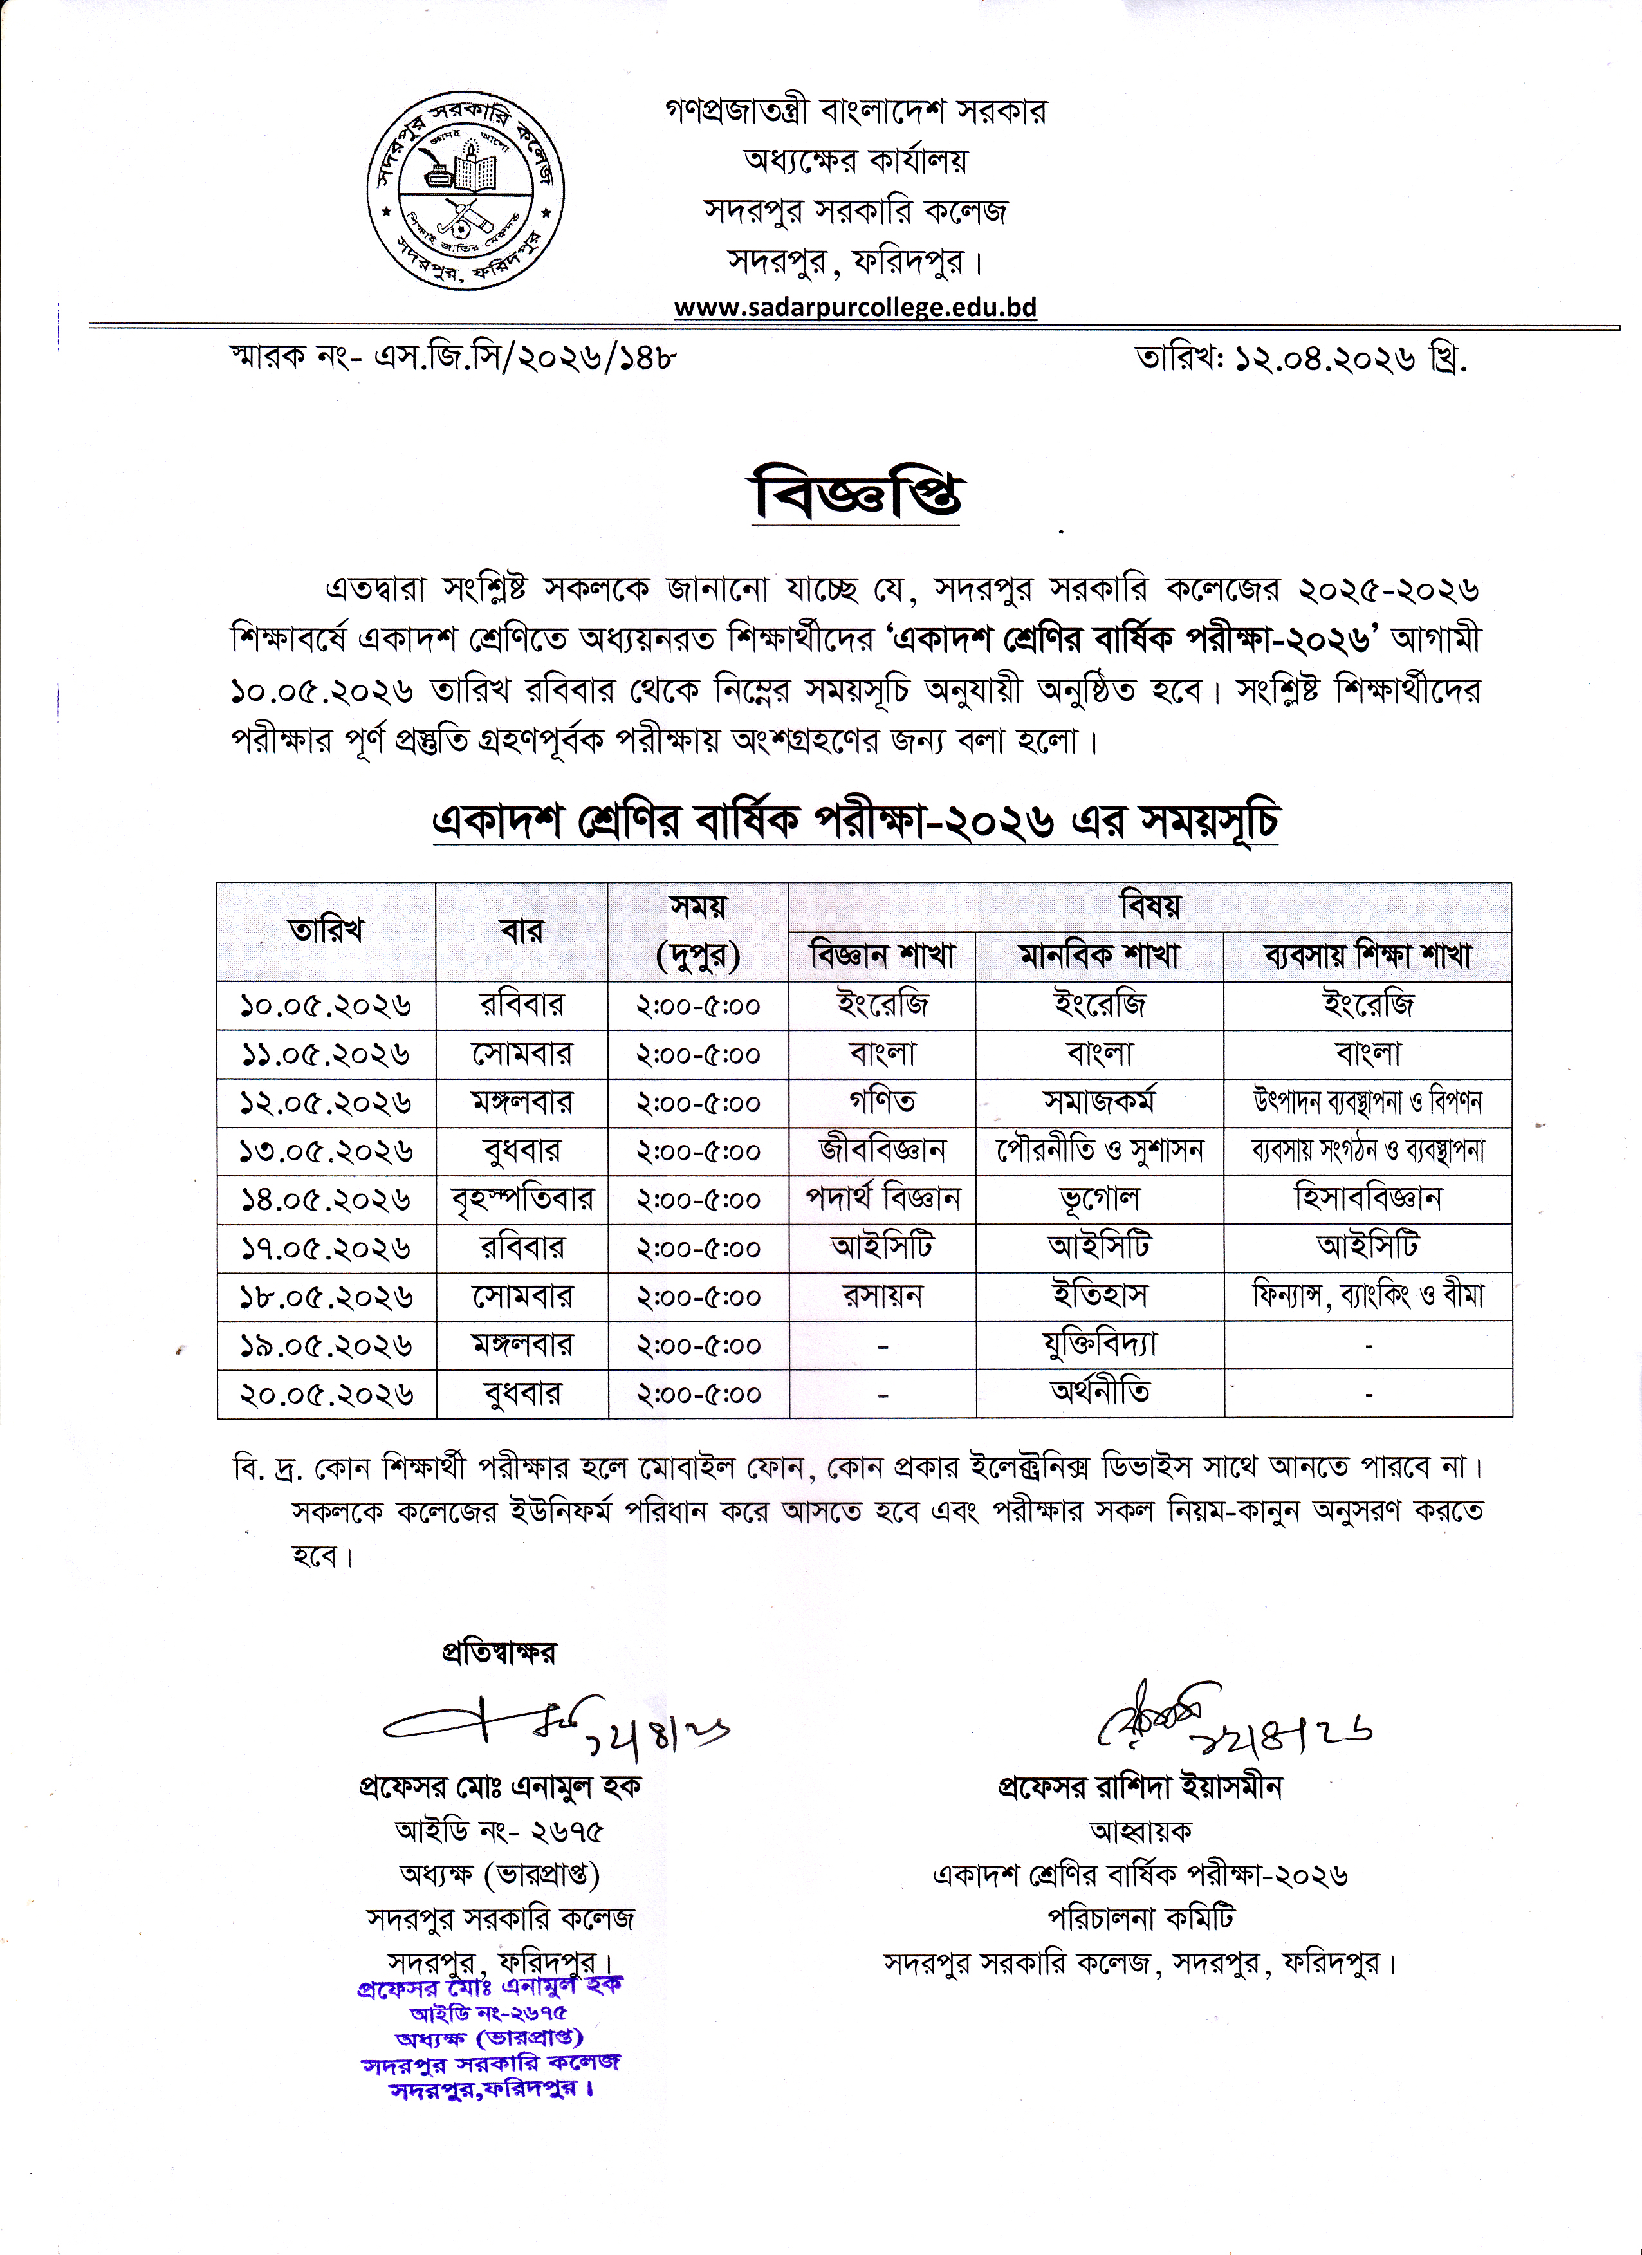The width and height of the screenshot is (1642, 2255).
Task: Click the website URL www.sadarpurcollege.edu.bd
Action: coord(855,307)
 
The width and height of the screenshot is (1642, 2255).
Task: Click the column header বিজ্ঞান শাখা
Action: coord(883,956)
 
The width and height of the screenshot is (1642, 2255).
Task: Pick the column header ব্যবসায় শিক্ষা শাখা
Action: coord(1368,956)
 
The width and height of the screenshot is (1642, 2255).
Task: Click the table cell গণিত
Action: coord(883,1102)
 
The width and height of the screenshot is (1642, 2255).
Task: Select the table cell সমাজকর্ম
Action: coord(1100,1102)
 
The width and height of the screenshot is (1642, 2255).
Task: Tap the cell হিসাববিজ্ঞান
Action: coord(1368,1199)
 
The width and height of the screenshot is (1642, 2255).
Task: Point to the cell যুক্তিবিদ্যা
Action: coord(1100,1345)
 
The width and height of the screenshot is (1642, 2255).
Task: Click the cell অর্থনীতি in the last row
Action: coord(1100,1393)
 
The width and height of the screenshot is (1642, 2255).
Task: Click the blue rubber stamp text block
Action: coord(490,2037)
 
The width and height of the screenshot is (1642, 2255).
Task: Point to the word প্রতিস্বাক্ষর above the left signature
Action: coord(499,1653)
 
